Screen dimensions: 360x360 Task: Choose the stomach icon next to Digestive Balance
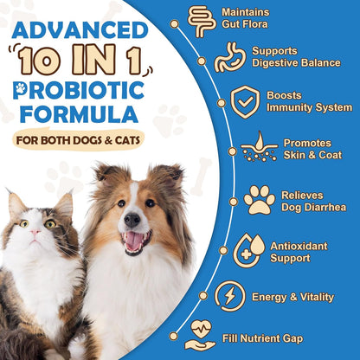pos(228,56)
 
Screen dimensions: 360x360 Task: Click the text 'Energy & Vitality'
pos(292,297)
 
